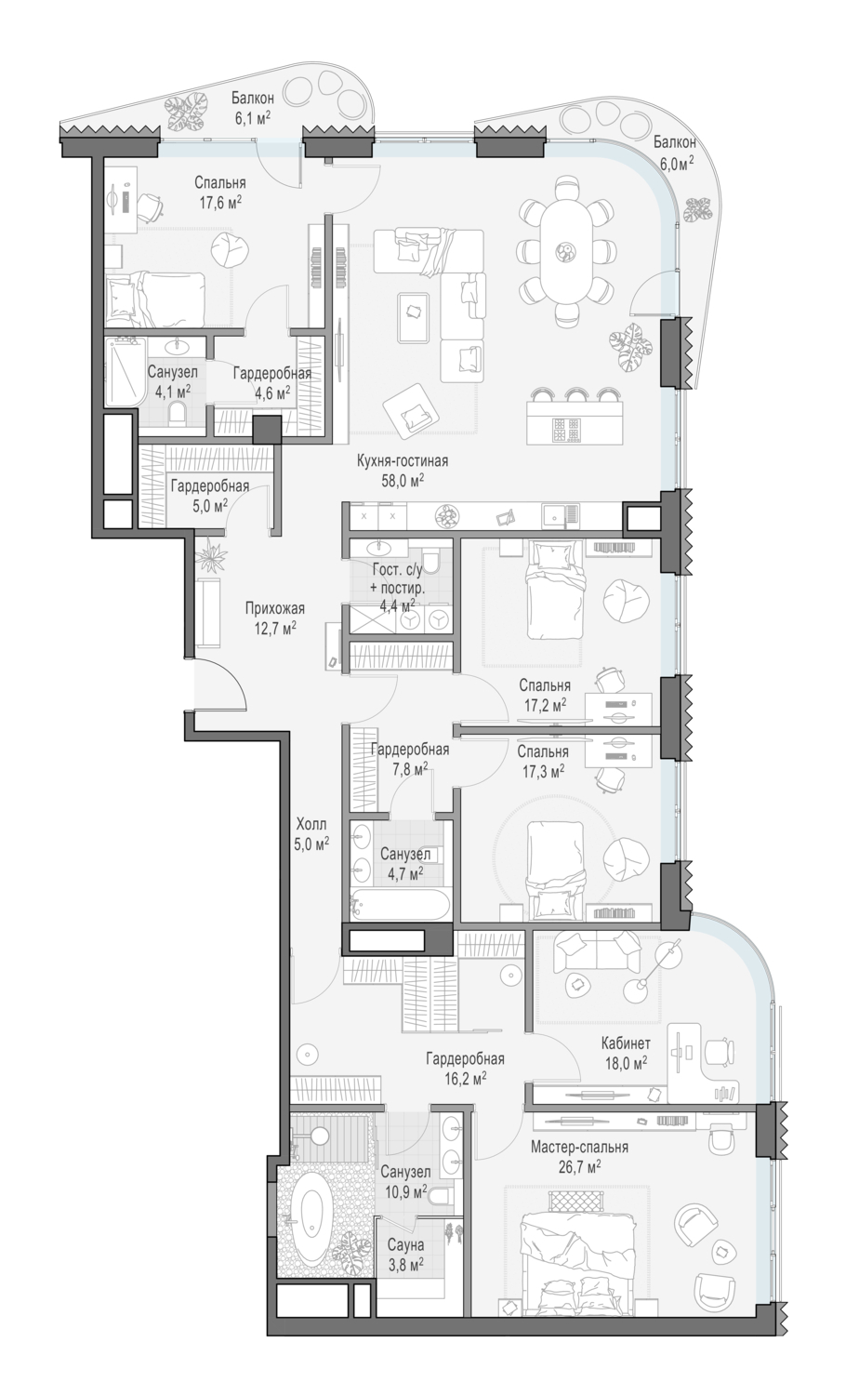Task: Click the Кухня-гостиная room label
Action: coord(403,461)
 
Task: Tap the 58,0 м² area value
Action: coord(403,480)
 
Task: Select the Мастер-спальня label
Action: coord(579,1147)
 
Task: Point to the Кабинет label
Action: coord(626,1043)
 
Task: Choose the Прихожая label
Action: coord(274,608)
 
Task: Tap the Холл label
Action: coord(311,825)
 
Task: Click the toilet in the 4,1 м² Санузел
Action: coord(178,412)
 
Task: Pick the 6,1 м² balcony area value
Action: coord(252,116)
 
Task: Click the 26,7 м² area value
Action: coord(579,1165)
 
